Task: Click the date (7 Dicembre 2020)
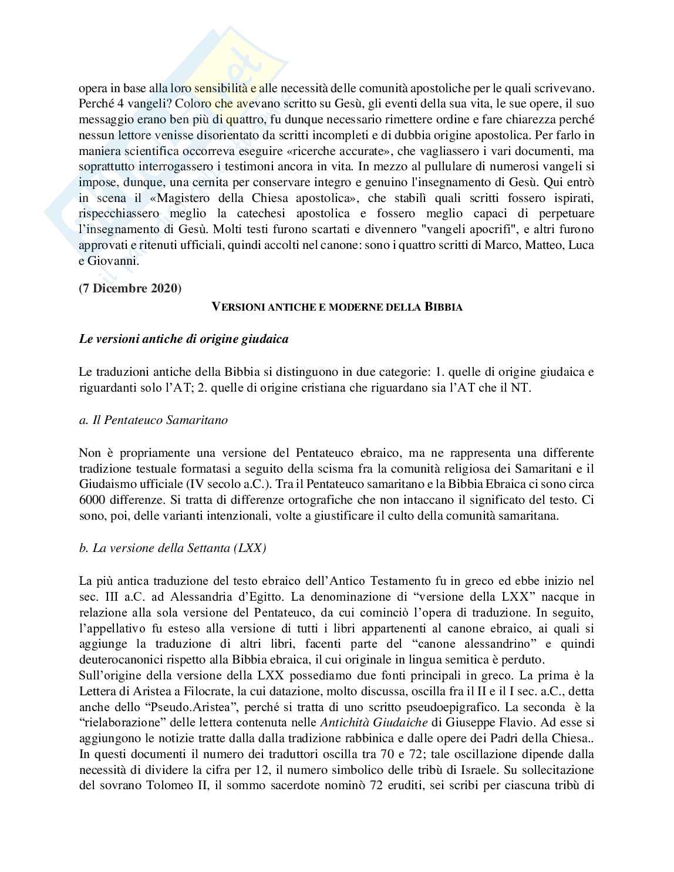coord(130,288)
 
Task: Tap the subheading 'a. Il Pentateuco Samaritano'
coord(153,420)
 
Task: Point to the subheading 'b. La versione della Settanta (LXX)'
coord(173,548)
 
